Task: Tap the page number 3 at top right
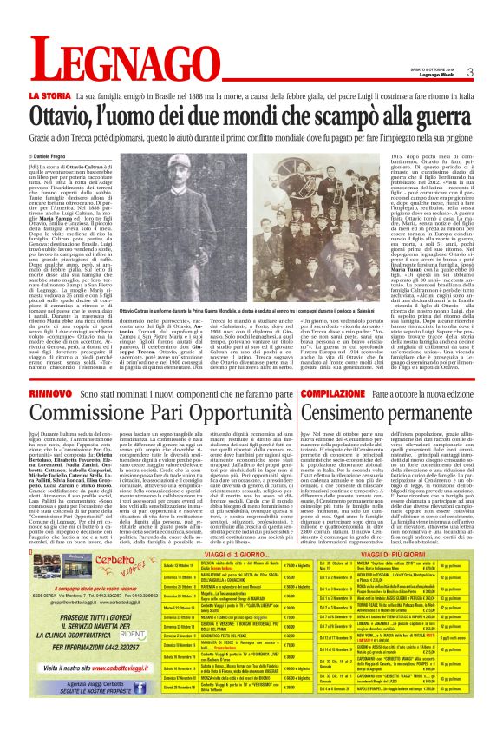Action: [469, 72]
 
